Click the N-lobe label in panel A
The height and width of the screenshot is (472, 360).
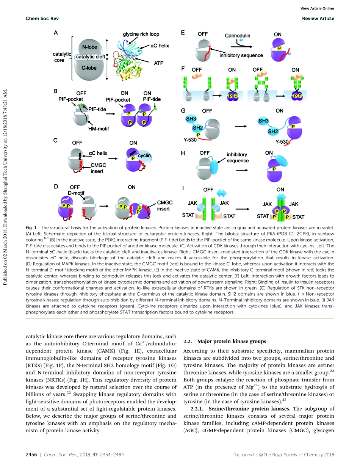87,47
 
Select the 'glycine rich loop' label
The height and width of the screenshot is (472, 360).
138,34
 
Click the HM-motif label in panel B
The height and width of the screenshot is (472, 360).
99,129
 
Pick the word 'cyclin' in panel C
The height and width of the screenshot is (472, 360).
144,155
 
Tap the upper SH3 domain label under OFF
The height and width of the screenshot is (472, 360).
190,119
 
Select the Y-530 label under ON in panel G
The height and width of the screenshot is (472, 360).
282,142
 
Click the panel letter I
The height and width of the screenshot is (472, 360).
183,188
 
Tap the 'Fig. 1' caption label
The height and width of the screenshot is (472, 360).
30,227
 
